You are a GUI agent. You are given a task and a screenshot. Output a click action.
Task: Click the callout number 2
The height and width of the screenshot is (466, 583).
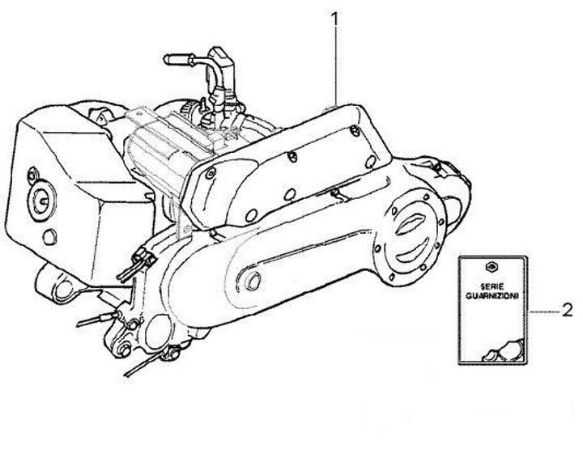click(x=567, y=309)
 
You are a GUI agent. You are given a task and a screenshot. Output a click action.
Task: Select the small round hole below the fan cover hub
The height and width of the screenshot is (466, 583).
click(x=49, y=235)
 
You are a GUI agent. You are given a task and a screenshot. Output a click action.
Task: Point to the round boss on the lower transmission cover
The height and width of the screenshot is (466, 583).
click(x=253, y=280)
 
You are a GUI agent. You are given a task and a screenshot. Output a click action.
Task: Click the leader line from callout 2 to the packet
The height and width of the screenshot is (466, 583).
click(x=543, y=310)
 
